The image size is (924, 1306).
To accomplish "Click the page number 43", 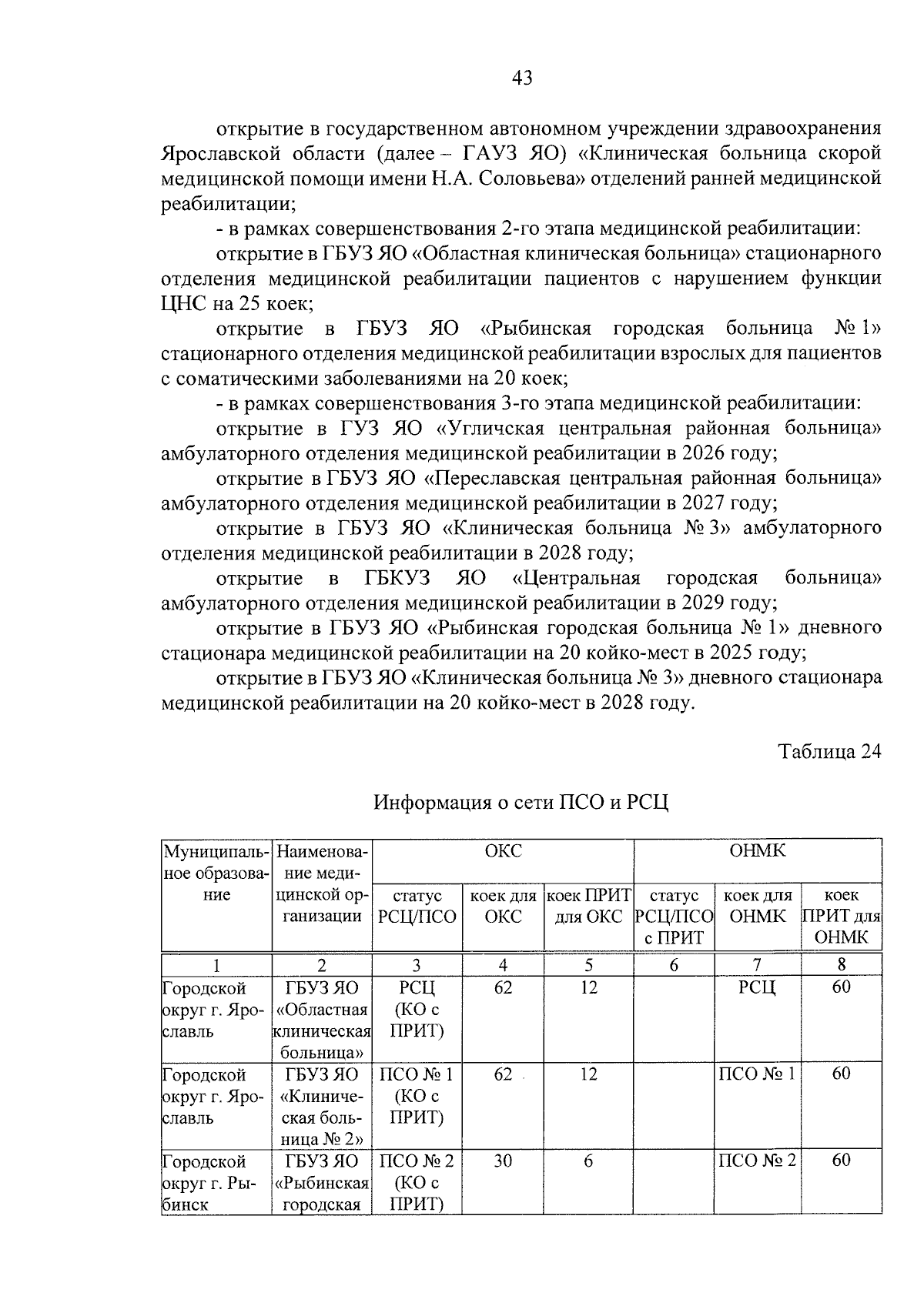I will click(x=521, y=78).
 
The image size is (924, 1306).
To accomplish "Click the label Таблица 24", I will click(x=829, y=751).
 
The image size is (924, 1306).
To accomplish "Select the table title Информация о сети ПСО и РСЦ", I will click(x=521, y=803).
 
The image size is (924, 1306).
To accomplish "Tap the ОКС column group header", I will click(x=503, y=851).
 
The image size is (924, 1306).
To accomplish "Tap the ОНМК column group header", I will click(x=757, y=851).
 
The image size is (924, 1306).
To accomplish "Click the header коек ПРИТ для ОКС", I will click(x=588, y=906).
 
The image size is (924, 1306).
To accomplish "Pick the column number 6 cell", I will click(x=674, y=964).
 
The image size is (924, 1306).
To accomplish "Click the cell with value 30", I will click(x=503, y=1161).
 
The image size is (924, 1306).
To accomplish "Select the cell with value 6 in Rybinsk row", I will click(x=588, y=1161).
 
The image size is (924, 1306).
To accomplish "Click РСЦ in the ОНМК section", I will click(x=757, y=987).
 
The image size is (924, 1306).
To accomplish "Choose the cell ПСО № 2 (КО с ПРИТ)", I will click(x=417, y=1182).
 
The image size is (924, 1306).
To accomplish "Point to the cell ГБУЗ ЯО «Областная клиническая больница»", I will click(x=322, y=1020).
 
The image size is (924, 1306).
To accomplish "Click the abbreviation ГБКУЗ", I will click(x=397, y=578).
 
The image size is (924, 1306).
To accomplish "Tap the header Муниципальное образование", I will click(x=216, y=873).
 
